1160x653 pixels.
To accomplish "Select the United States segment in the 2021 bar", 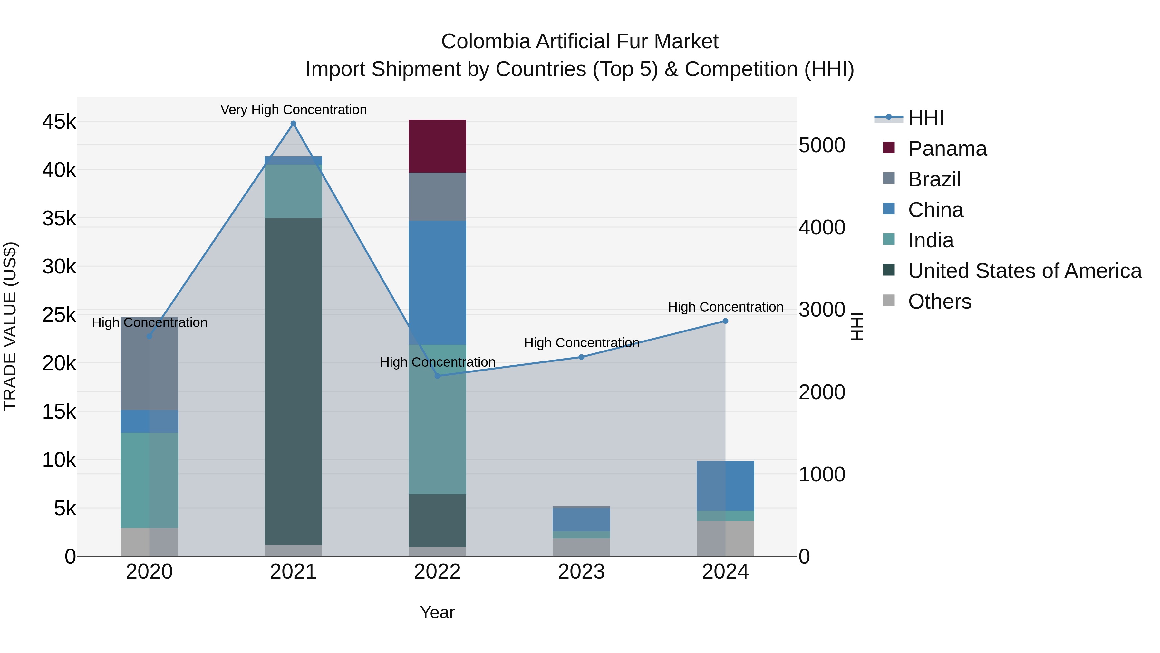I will coord(293,381).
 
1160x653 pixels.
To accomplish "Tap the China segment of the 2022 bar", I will coord(437,282).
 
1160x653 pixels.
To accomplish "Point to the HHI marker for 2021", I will coord(293,124).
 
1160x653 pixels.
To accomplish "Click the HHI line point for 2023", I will coord(581,357).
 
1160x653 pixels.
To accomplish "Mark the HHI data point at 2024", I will coord(725,321).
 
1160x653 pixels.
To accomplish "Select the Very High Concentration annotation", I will coord(293,110).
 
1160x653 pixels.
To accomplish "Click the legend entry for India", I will coord(930,240).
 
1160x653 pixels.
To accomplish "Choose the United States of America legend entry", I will coord(1024,271).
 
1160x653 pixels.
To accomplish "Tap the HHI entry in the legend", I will coord(925,118).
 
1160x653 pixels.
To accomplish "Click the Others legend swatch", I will coord(888,300).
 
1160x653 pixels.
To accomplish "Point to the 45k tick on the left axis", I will coord(59,122).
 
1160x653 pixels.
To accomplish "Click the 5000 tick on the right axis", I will coord(822,145).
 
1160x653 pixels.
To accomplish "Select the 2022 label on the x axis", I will coord(437,572).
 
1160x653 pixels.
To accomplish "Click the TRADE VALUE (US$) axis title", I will coord(10,326).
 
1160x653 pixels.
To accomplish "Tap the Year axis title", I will coord(437,612).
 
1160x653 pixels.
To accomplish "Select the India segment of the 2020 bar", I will coord(149,480).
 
